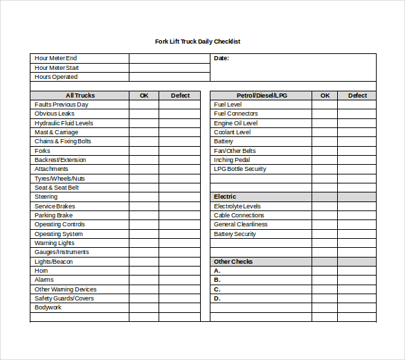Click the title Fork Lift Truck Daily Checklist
pos(197,42)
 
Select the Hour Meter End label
pos(55,58)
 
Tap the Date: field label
pos(222,58)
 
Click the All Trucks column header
pos(80,96)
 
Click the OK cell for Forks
pos(144,151)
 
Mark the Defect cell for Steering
pos(180,197)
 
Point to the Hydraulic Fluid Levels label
pos(64,123)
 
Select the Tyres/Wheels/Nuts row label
pos(60,179)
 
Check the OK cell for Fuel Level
pos(325,105)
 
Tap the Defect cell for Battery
pos(357,141)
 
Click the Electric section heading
pos(225,197)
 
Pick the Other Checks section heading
pos(233,262)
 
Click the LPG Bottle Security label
pos(240,169)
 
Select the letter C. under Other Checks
pos(217,289)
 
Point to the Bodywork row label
pos(48,307)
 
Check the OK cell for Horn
pos(144,271)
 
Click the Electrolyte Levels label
pos(237,206)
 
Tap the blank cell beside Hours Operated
pos(169,77)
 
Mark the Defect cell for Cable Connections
pos(357,215)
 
